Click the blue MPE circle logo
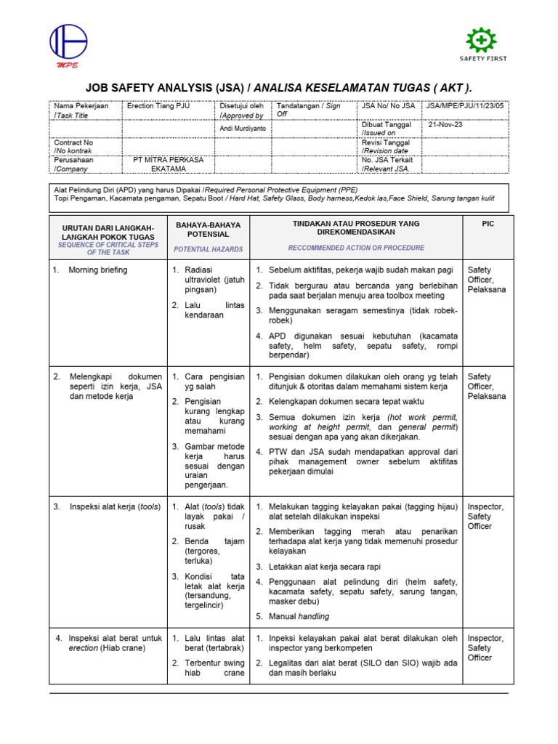click(x=68, y=43)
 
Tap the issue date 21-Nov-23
click(x=445, y=124)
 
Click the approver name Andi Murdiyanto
click(x=243, y=129)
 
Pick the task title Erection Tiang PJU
click(x=158, y=106)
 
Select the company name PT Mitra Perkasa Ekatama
click(x=169, y=164)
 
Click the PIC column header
click(x=488, y=224)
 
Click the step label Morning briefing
click(x=97, y=270)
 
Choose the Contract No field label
click(x=73, y=147)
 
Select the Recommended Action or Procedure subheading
click(x=356, y=248)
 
